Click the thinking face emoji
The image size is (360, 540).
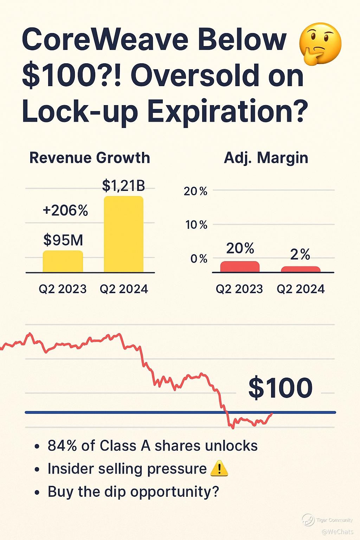tap(320, 44)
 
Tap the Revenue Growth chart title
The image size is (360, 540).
tap(90, 158)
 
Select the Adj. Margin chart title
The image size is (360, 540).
tap(266, 158)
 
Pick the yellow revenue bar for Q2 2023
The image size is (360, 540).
tap(63, 262)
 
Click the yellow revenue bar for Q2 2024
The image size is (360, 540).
tap(124, 234)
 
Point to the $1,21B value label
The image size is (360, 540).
tap(123, 186)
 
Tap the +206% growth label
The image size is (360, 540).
tap(65, 211)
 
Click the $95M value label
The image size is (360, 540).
tap(63, 240)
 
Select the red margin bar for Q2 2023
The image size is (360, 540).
tap(240, 267)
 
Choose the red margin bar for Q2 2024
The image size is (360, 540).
tap(301, 269)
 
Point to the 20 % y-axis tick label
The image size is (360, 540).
tap(195, 192)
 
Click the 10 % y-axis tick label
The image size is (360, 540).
tap(196, 225)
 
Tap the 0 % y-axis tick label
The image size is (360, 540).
tap(199, 259)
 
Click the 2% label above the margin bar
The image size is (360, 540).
tap(300, 255)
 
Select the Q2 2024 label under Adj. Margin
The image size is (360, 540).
tap(301, 289)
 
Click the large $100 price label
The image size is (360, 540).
tap(280, 388)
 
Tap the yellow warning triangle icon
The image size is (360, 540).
tap(219, 469)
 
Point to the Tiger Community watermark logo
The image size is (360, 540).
tap(308, 520)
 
